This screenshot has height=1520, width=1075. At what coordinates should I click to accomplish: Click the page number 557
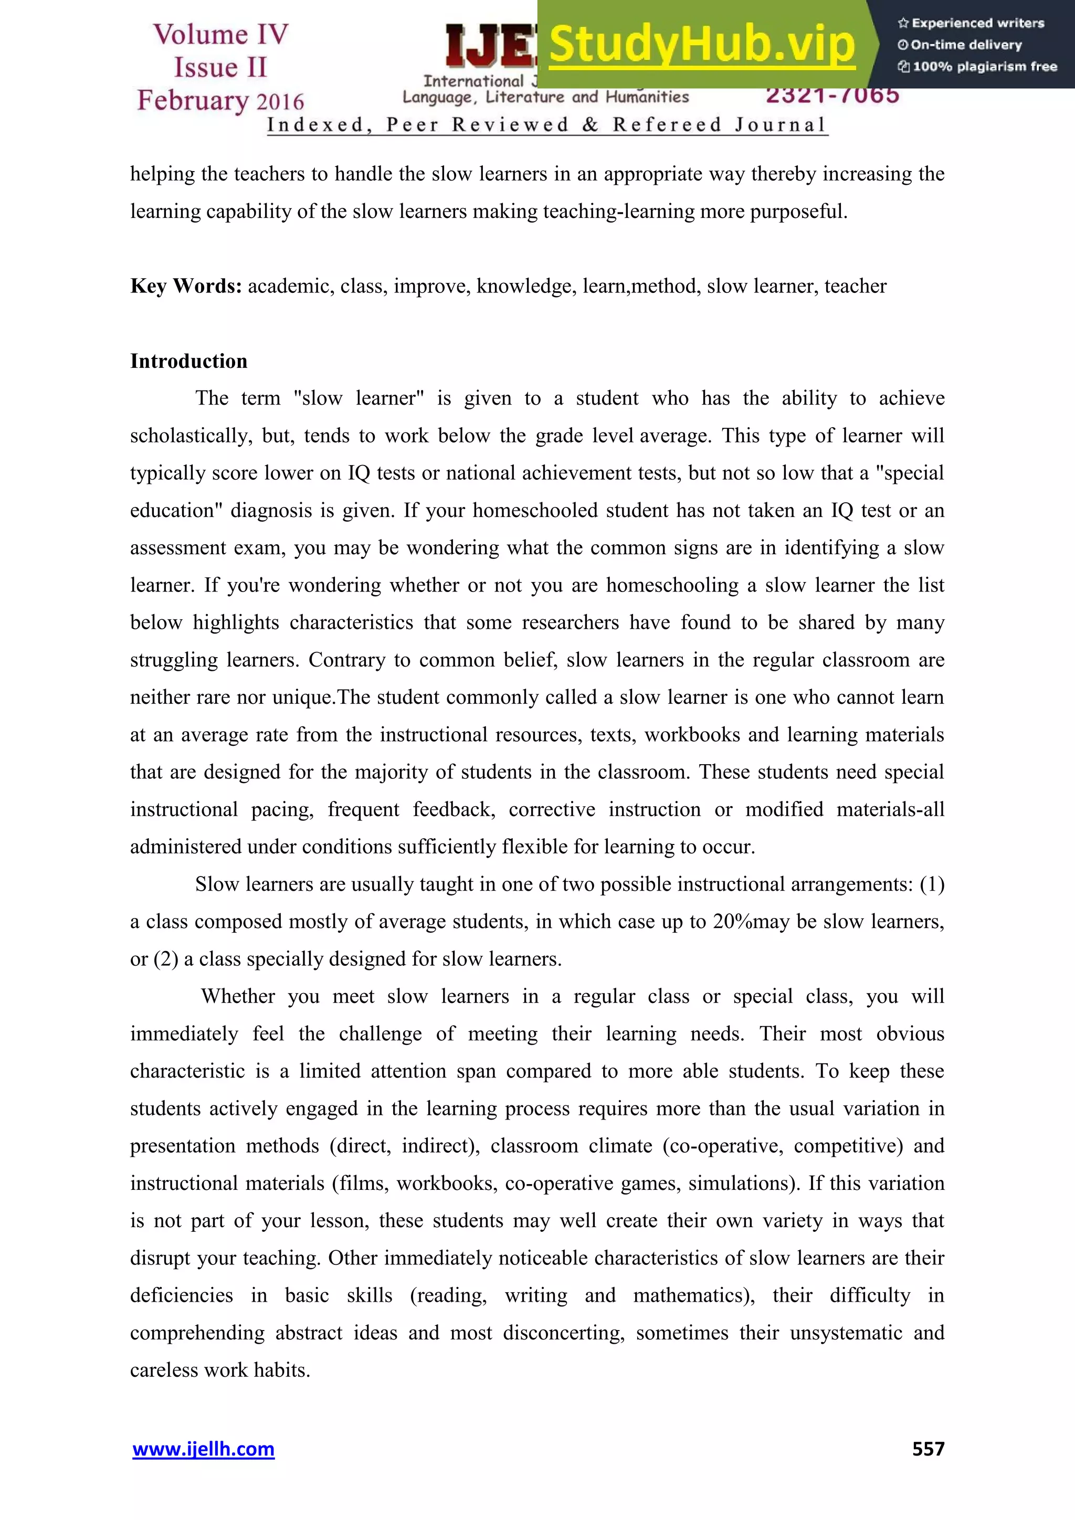pyautogui.click(x=928, y=1449)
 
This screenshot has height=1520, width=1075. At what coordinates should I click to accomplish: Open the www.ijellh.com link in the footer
pyautogui.click(x=203, y=1449)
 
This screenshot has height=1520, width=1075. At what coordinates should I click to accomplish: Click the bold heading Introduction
pyautogui.click(x=188, y=361)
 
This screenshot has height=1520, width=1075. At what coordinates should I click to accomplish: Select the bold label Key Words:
pyautogui.click(x=186, y=286)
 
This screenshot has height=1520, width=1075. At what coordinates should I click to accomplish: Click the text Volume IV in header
pyautogui.click(x=220, y=35)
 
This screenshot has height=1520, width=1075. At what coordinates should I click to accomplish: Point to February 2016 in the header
pyautogui.click(x=220, y=101)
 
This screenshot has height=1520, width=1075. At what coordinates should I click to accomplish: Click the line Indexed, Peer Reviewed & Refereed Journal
pyautogui.click(x=547, y=124)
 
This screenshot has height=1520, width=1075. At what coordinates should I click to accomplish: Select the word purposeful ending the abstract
pyautogui.click(x=798, y=211)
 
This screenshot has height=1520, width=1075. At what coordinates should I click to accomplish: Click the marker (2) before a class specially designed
pyautogui.click(x=165, y=959)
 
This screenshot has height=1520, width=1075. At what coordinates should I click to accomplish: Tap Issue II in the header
pyautogui.click(x=220, y=68)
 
